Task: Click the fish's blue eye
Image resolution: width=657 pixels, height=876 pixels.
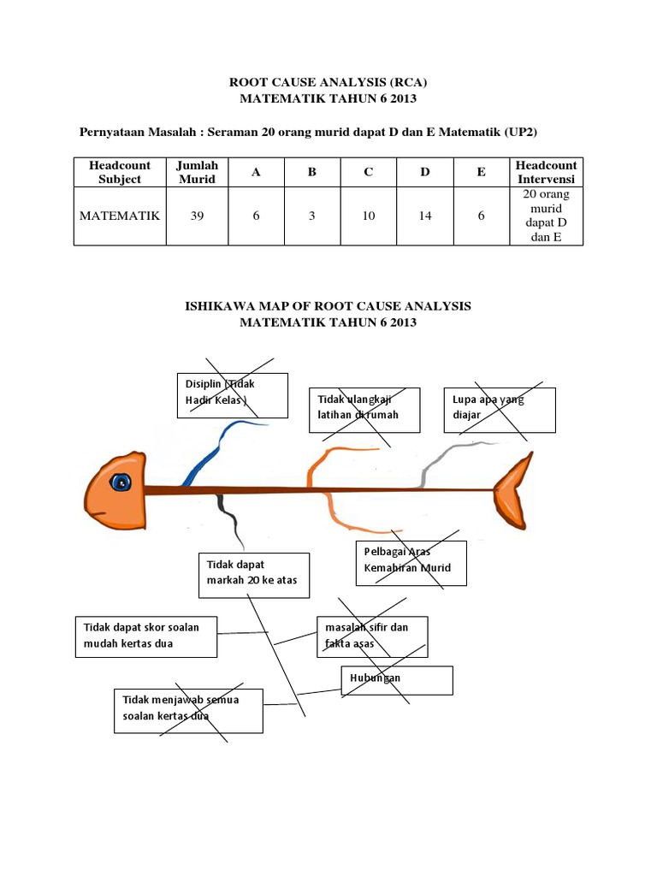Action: tap(122, 482)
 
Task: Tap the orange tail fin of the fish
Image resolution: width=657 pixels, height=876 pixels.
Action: tap(514, 491)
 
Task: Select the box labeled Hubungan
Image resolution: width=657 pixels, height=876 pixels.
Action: tap(397, 680)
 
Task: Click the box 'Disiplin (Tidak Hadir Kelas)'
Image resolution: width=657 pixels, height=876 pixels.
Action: tap(232, 395)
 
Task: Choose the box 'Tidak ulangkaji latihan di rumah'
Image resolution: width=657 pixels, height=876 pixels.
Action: tap(364, 410)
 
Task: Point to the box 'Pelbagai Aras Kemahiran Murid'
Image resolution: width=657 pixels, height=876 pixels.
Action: tap(411, 563)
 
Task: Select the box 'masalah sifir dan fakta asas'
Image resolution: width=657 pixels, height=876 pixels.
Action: tap(372, 636)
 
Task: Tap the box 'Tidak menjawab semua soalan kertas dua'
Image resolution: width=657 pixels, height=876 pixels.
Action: tap(186, 710)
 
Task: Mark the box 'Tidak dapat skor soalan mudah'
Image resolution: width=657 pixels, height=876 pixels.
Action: tap(146, 636)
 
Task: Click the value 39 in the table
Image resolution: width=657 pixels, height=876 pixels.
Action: tap(198, 216)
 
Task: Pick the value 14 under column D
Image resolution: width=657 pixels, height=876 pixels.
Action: tap(424, 216)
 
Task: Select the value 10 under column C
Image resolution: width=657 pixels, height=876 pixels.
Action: tap(368, 216)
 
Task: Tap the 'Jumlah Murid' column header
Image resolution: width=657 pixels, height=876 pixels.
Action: tap(198, 172)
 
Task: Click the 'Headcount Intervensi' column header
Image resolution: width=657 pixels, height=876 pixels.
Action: tap(547, 172)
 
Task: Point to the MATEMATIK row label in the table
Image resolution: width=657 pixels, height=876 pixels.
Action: tap(120, 216)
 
